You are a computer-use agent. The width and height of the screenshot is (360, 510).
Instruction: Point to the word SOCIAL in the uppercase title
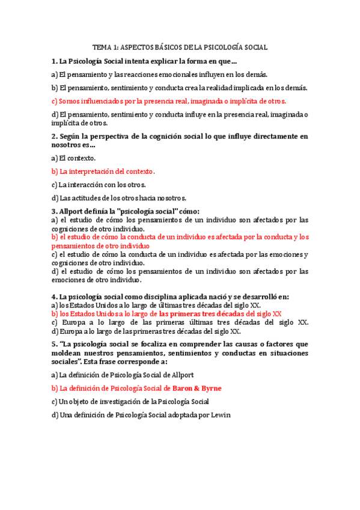(x=255, y=47)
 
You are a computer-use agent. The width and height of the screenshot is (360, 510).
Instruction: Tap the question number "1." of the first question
(x=54, y=61)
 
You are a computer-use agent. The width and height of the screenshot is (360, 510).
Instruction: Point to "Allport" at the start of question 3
(x=73, y=211)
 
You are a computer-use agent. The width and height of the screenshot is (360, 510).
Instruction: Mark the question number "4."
(x=54, y=296)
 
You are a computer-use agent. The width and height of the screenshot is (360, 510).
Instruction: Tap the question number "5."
(x=54, y=344)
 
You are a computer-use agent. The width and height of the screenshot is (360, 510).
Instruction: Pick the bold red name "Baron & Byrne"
(x=200, y=388)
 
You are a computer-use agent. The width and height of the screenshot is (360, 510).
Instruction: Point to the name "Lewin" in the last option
(x=220, y=414)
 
